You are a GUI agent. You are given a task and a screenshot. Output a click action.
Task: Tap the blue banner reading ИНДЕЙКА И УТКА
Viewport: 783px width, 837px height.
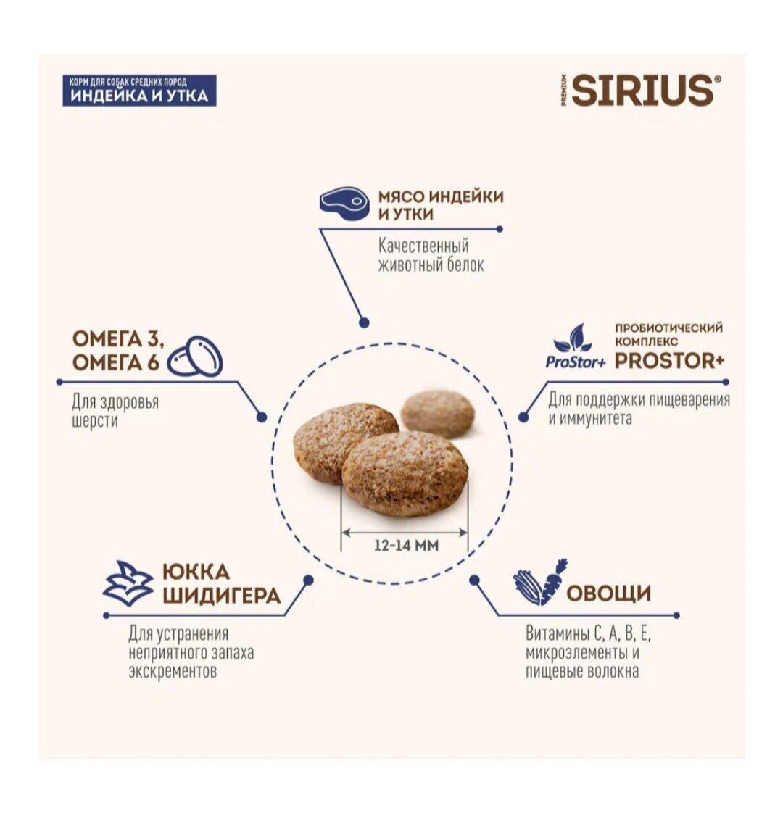point(139,90)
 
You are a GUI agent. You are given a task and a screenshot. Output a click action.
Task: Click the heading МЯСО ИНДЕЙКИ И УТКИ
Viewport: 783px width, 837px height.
point(440,205)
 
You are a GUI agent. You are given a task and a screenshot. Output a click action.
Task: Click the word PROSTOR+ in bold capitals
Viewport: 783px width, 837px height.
point(669,360)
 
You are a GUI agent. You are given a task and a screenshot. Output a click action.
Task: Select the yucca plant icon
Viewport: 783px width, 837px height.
point(128,584)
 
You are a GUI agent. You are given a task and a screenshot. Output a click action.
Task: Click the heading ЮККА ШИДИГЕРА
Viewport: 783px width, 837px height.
point(221,583)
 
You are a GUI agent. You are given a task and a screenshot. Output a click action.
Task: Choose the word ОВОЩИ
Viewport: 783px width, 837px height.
point(609,594)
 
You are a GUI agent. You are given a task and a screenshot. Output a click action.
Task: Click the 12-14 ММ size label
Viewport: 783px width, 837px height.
point(406,545)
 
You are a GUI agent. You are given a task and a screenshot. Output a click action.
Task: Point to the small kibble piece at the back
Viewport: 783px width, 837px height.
point(437,413)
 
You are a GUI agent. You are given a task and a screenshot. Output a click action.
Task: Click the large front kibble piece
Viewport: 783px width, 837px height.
point(405,473)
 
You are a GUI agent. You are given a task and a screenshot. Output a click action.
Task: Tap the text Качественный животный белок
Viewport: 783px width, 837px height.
point(431,255)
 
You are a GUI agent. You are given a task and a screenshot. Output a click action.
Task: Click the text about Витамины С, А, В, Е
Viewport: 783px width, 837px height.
point(588,652)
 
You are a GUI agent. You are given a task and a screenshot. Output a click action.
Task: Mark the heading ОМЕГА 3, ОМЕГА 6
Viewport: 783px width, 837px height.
point(118,351)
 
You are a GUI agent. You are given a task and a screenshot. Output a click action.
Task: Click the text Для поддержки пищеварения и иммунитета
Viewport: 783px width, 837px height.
point(638,409)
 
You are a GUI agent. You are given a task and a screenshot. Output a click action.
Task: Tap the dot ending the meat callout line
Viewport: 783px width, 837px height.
point(365,323)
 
